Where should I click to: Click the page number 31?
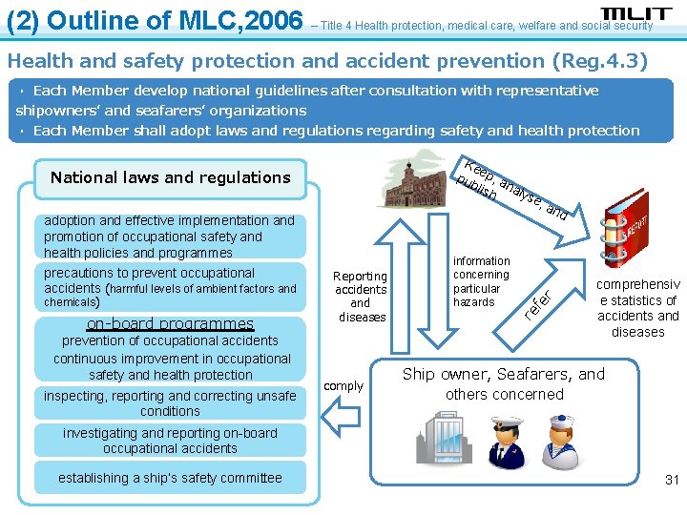[x=672, y=480]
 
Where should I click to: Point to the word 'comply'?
[x=343, y=386]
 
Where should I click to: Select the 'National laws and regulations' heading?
[x=170, y=177]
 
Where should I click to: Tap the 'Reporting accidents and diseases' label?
[x=362, y=297]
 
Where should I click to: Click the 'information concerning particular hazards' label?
[x=481, y=281]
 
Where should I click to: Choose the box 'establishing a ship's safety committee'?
[x=170, y=478]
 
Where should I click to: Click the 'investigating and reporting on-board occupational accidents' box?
[x=170, y=441]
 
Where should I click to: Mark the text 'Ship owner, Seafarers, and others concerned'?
[x=503, y=383]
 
